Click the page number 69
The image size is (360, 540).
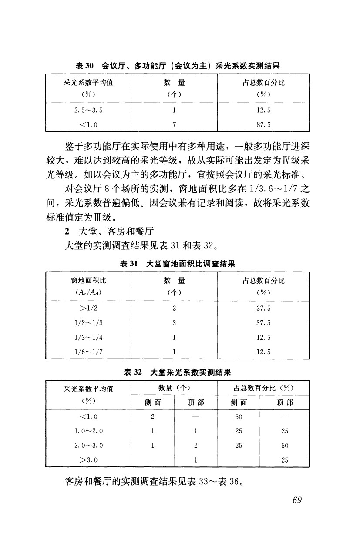pos(297,500)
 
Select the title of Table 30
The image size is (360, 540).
pos(177,66)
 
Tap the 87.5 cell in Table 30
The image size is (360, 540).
pos(263,124)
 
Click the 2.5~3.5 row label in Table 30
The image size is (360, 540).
pos(88,110)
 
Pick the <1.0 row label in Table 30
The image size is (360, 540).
pos(88,124)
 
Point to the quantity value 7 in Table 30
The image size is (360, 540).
pos(174,124)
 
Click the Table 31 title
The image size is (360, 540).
pos(177,263)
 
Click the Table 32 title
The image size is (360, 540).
pos(177,372)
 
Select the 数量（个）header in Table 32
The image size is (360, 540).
pos(174,388)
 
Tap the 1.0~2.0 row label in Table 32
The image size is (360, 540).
pos(88,431)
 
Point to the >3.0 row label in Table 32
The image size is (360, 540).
pos(88,460)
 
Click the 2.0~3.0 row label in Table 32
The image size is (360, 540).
pos(88,445)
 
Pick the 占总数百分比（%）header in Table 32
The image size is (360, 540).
pos(263,388)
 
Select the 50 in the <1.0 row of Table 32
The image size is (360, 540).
pos(238,416)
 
